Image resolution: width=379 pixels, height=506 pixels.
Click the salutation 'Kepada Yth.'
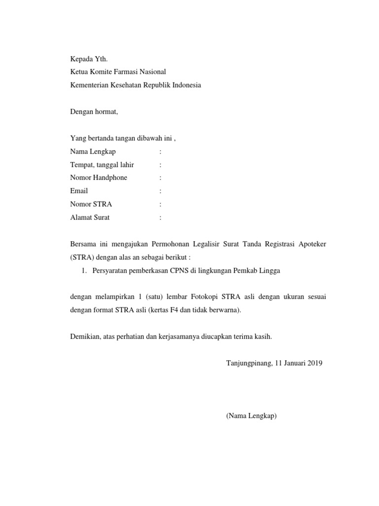coord(89,59)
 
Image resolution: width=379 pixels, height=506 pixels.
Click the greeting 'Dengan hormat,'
coord(94,112)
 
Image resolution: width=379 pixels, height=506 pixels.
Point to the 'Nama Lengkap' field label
coord(93,151)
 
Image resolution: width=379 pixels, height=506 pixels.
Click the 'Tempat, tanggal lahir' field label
coord(102,165)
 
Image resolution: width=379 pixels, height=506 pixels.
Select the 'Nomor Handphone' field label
coord(99,177)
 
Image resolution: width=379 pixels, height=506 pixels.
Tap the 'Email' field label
coord(79,191)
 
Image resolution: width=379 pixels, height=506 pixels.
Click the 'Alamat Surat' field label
coord(90,217)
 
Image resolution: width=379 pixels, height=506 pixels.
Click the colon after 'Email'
coord(160,191)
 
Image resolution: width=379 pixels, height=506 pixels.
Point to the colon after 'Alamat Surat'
coord(160,217)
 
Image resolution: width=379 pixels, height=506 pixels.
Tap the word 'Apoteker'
coord(310,244)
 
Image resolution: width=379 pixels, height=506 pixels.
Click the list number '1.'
coord(83,270)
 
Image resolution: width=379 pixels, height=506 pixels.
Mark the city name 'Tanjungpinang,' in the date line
coord(248,363)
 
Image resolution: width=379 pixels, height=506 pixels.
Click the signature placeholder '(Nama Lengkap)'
coord(252,416)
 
